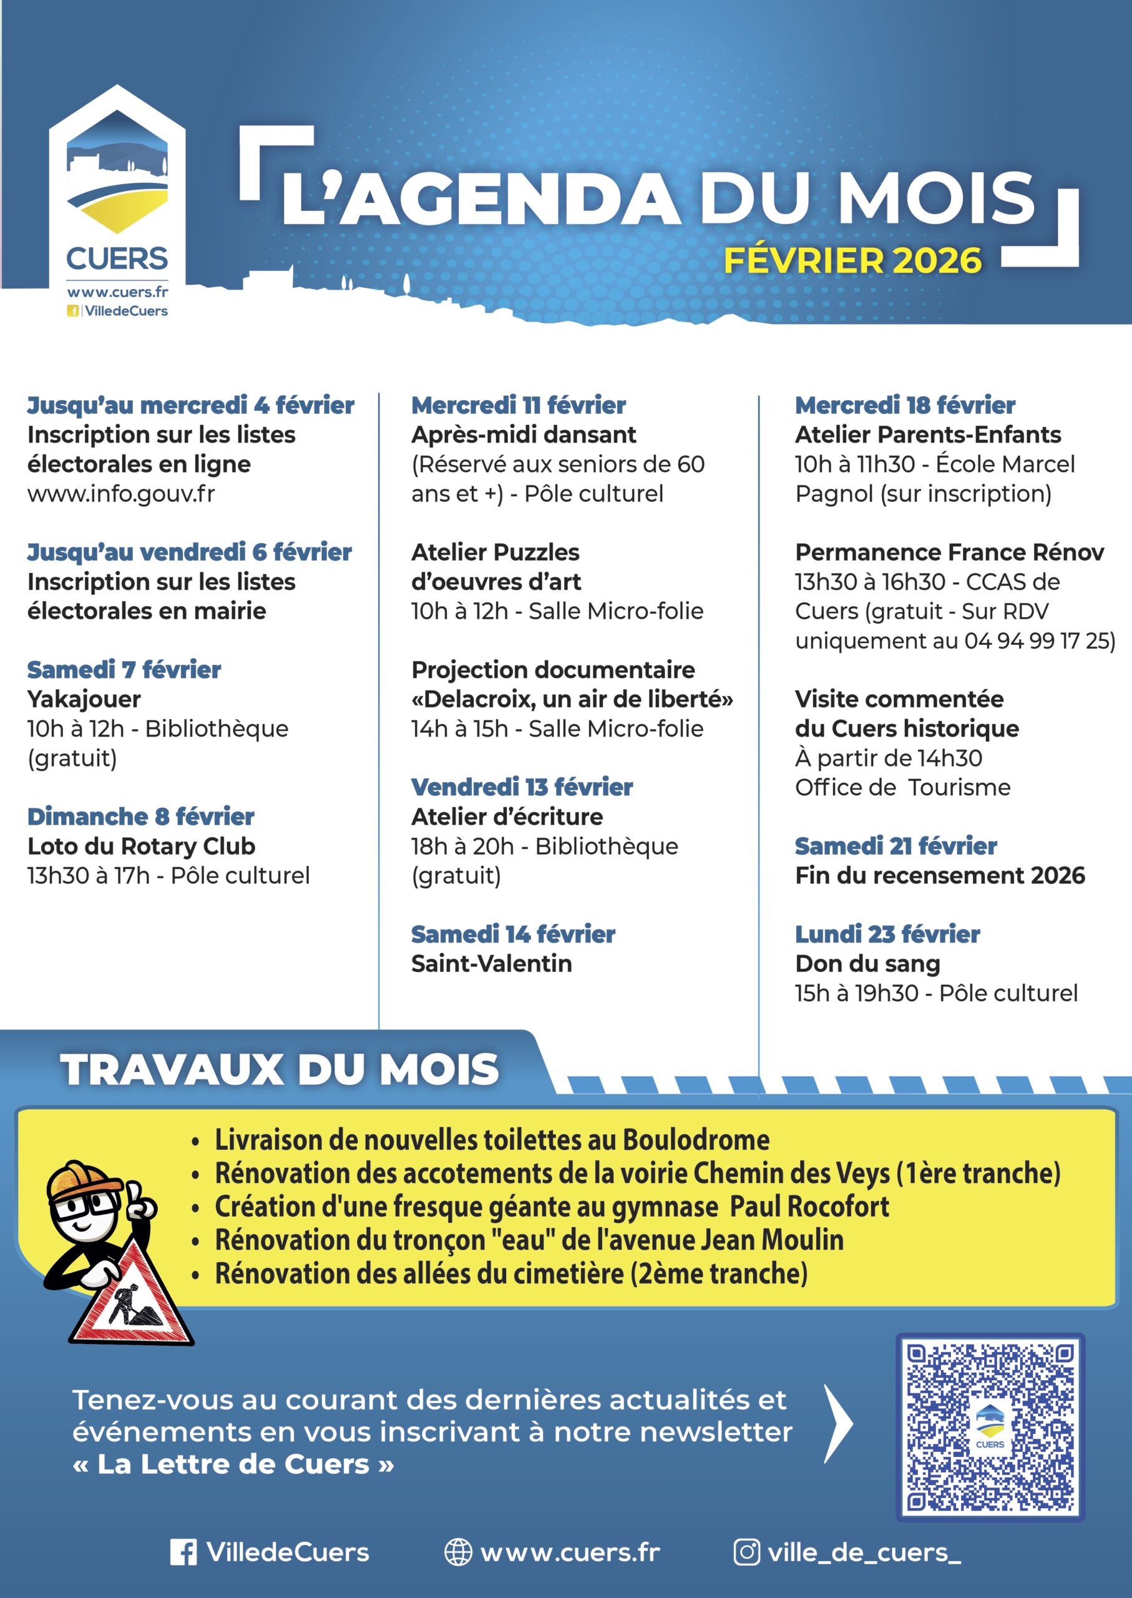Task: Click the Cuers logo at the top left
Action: [117, 195]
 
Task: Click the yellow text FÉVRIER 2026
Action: [852, 261]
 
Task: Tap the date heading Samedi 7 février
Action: [124, 669]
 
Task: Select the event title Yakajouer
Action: [84, 699]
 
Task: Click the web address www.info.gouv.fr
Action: [121, 494]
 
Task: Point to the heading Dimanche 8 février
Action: [141, 816]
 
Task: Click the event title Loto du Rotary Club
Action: [142, 846]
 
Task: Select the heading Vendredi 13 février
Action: [522, 787]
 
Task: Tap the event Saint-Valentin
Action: [491, 964]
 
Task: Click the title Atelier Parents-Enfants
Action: [928, 434]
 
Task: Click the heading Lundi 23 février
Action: [887, 934]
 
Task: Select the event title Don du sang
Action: [867, 964]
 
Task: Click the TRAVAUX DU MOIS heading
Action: [280, 1069]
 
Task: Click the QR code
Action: [989, 1426]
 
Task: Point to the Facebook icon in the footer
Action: [183, 1552]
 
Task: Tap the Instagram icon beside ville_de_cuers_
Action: [746, 1552]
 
